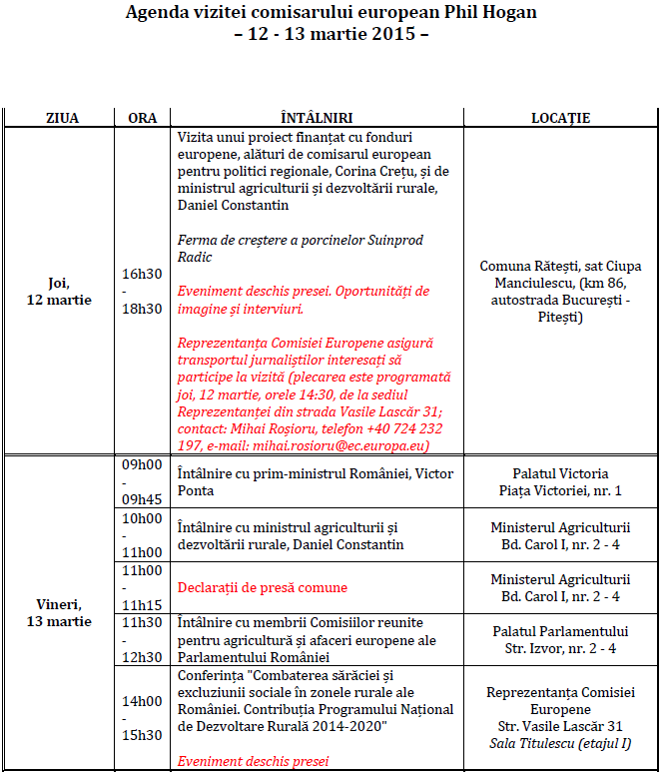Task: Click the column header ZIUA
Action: [62, 118]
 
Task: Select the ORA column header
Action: [143, 118]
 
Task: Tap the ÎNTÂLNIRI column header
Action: [318, 118]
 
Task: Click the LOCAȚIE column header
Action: [560, 118]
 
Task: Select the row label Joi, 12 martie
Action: [62, 292]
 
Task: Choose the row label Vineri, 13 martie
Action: [62, 613]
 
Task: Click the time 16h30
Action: [143, 274]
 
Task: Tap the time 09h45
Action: [143, 499]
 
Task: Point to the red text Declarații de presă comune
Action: [262, 588]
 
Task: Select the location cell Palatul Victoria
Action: [560, 473]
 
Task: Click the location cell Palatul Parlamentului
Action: [560, 631]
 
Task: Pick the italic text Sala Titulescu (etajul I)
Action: [560, 744]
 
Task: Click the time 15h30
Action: [143, 736]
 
